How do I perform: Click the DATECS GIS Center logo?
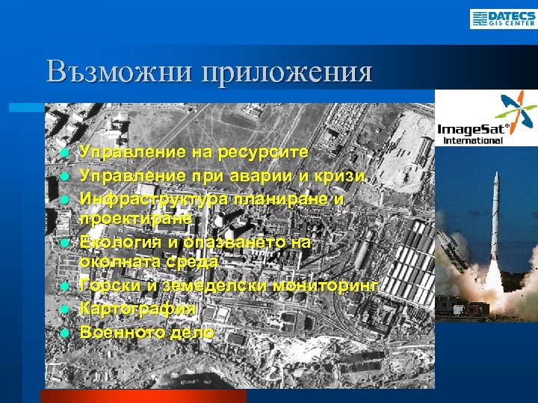pos(503,18)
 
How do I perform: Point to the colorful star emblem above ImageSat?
pos(517,110)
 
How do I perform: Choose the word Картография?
pos(138,308)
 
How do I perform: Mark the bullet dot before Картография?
pos(66,309)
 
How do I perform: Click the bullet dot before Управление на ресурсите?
pos(66,153)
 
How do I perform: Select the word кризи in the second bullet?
pos(343,176)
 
